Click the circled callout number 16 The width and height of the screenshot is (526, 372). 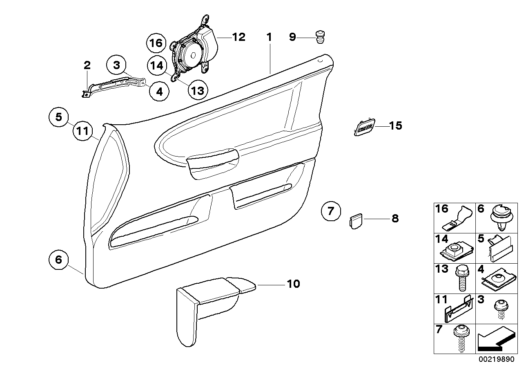156,43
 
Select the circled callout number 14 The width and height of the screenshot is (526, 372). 156,65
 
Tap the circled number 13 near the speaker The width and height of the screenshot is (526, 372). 197,90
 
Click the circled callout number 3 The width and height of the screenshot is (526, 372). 116,65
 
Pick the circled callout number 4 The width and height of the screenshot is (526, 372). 159,92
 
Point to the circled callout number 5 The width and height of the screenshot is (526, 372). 59,117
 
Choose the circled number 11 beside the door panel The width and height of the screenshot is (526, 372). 83,132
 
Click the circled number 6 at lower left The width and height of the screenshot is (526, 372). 59,260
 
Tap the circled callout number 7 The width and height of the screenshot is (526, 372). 330,211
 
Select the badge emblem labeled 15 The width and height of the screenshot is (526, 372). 363,127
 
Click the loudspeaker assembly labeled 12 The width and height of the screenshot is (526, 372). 192,51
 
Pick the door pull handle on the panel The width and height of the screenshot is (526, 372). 212,161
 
